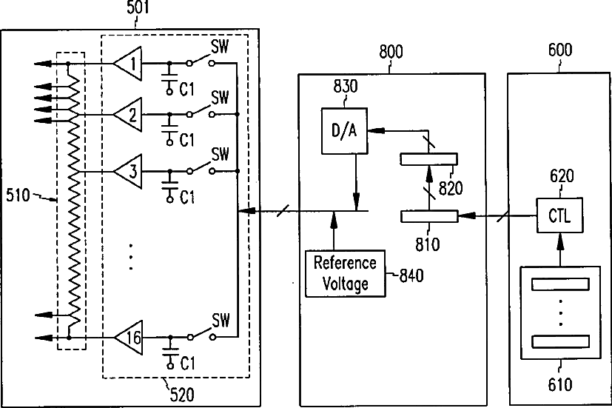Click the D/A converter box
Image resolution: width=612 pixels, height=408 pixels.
pos(344,131)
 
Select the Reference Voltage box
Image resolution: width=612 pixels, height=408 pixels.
pos(346,274)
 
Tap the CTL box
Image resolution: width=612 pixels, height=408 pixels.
pos(559,215)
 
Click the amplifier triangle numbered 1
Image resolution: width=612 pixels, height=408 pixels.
pos(127,63)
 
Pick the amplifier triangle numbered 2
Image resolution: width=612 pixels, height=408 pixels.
pos(127,114)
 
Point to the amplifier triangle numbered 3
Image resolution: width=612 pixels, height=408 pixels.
pos(127,171)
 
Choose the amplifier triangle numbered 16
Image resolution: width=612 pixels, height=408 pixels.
pos(129,338)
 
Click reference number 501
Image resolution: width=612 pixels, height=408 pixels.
pos(138,8)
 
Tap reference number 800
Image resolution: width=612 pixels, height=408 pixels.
pos(391,52)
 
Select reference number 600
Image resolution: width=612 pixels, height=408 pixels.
pos(560,50)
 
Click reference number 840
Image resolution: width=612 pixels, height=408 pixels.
pos(411,275)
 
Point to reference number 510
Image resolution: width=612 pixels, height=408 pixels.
pos(18,195)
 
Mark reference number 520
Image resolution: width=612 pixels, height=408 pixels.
pos(182,395)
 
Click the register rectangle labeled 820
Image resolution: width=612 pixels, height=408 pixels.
pos(429,159)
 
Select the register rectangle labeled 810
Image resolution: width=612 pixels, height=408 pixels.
pos(429,216)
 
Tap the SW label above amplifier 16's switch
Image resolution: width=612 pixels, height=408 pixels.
pos(221,321)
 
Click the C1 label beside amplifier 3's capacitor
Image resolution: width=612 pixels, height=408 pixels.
pos(187,198)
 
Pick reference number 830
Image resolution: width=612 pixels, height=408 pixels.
pos(346,87)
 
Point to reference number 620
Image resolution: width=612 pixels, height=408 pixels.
pos(562,176)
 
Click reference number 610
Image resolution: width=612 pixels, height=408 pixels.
pos(560,384)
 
